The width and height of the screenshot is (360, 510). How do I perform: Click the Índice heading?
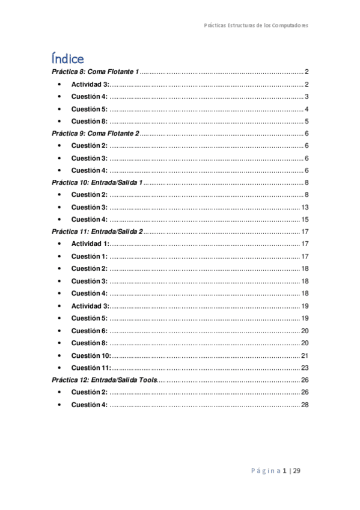tap(67, 58)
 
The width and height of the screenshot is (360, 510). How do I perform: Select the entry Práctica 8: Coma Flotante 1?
tap(96, 72)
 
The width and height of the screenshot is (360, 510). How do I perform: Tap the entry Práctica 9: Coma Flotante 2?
tap(96, 134)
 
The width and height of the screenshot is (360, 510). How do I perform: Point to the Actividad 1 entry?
tap(90, 244)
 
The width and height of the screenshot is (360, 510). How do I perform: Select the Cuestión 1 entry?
tap(89, 256)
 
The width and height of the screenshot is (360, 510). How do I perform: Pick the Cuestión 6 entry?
tap(89, 330)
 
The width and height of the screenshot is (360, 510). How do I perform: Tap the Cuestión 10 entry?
tap(91, 355)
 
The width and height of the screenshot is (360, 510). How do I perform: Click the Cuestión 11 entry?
tap(91, 367)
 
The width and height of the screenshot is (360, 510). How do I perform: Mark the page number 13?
tap(305, 207)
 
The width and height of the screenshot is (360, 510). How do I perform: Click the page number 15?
tap(305, 220)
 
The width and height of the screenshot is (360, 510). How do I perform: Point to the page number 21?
tap(305, 355)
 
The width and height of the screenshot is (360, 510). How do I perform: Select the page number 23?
tap(305, 367)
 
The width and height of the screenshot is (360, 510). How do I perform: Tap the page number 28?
tap(305, 404)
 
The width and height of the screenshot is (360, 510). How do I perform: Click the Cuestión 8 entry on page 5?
tap(89, 121)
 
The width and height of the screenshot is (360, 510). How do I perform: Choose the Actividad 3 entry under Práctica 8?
tap(90, 84)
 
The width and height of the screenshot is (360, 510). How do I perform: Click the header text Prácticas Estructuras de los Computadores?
tap(256, 26)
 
